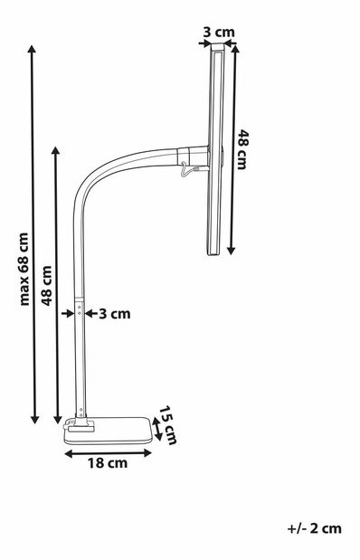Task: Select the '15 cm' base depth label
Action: [166, 423]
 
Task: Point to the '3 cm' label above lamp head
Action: [219, 33]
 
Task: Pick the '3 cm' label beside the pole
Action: [114, 314]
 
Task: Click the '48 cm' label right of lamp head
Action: [242, 149]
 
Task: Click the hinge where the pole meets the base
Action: [81, 419]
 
